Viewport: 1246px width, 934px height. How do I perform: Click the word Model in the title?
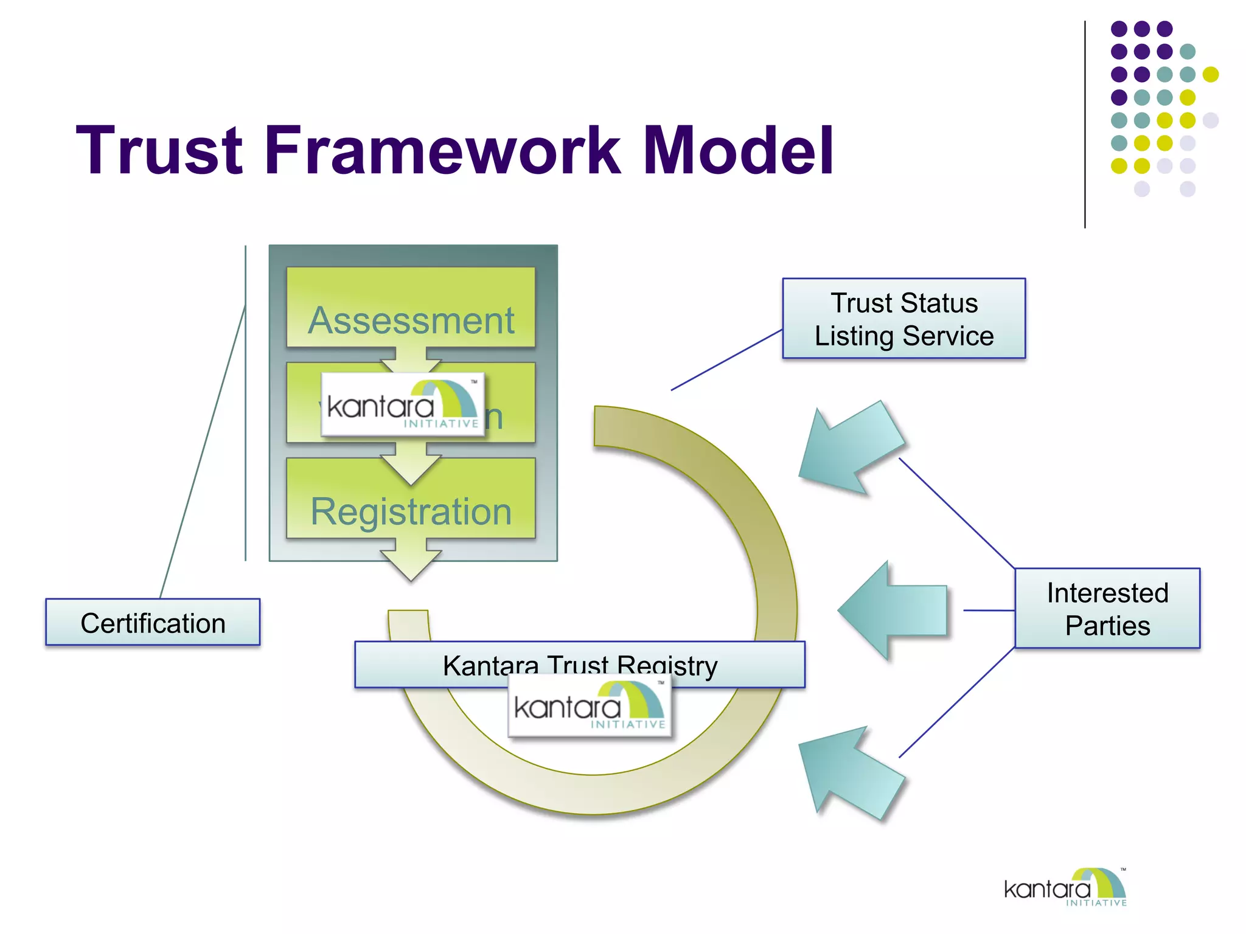point(738,150)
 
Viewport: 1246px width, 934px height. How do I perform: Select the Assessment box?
point(411,308)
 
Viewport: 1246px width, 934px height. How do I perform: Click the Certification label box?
point(153,622)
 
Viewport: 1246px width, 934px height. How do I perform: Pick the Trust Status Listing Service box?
point(903,319)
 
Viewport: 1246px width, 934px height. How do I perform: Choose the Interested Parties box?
point(1107,608)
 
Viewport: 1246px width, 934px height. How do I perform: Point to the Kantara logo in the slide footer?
point(1065,888)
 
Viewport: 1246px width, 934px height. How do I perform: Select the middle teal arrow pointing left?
point(894,610)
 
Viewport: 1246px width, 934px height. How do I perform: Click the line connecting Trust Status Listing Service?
point(726,360)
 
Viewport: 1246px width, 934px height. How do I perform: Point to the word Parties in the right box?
point(1107,626)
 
